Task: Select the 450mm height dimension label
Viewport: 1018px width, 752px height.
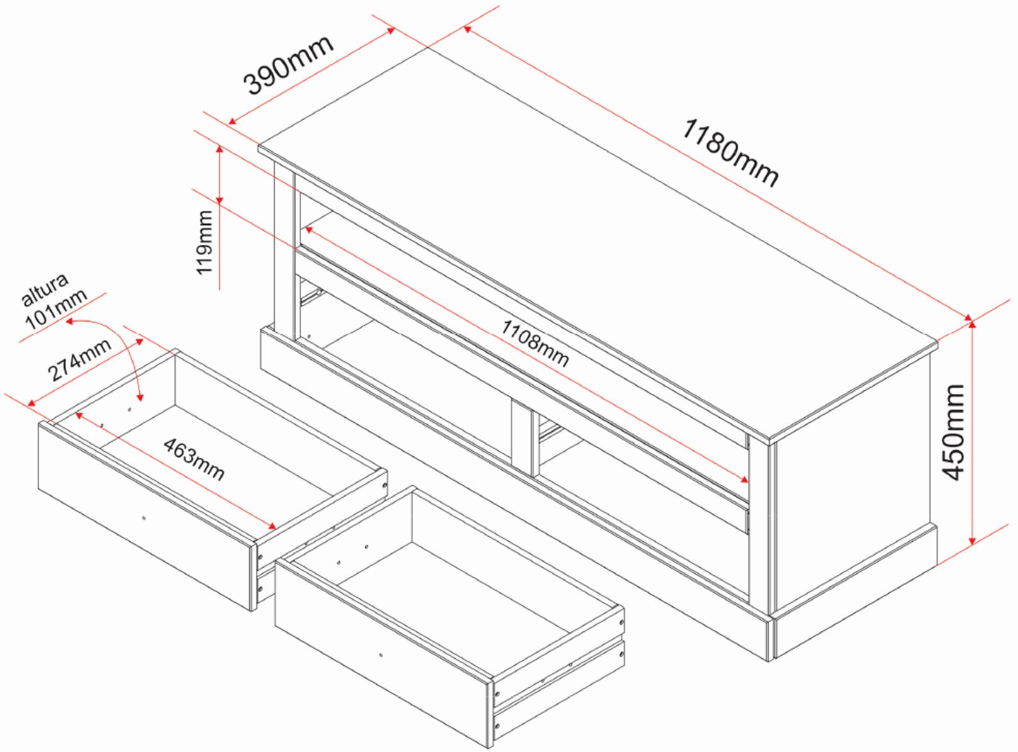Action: click(954, 432)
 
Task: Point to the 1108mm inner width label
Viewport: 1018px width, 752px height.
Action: click(535, 343)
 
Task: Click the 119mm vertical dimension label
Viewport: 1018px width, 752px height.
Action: click(205, 242)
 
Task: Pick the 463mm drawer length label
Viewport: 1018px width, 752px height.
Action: click(194, 459)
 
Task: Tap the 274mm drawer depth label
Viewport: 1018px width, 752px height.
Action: click(79, 359)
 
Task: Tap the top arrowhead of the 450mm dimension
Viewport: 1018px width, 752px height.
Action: click(972, 325)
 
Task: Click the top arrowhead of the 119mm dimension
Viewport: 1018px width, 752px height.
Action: click(219, 150)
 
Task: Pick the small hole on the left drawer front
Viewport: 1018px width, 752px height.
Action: click(144, 518)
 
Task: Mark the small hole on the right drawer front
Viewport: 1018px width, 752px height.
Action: click(381, 655)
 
